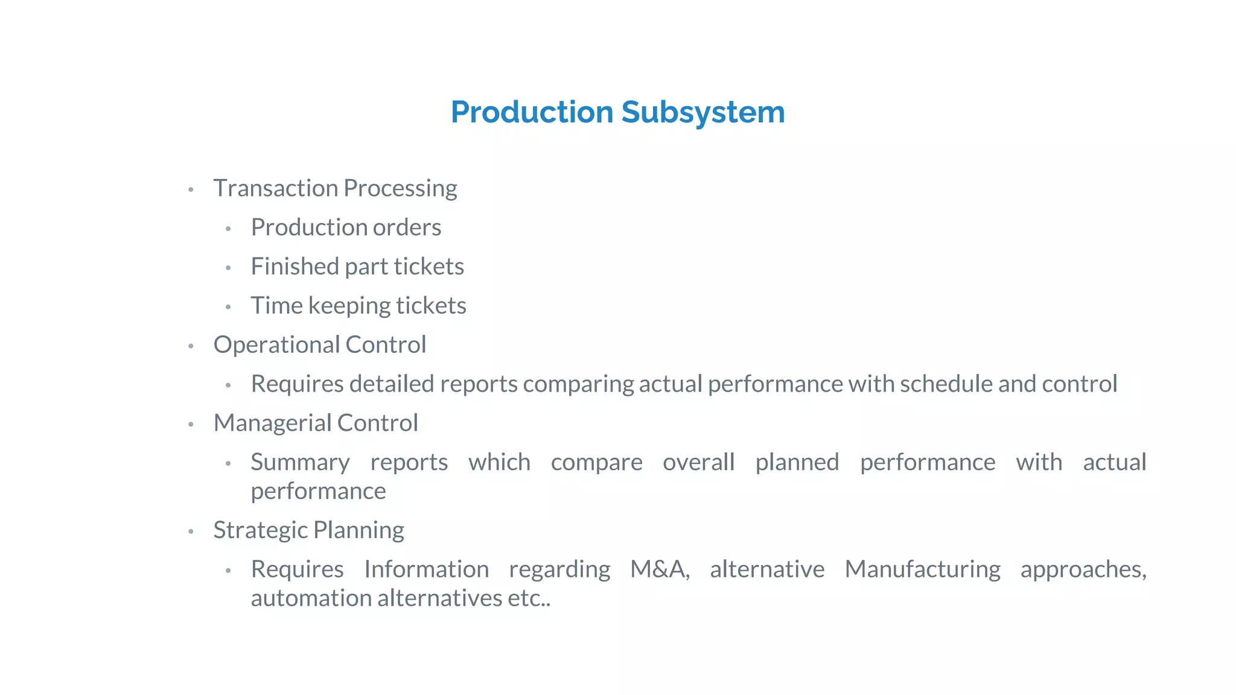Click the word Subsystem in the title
pos(702,113)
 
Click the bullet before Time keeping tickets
pos(228,307)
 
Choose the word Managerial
pos(272,423)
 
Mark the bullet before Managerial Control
pos(191,425)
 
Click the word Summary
pos(300,463)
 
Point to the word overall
pos(698,462)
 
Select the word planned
pos(797,463)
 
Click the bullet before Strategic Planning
pos(191,532)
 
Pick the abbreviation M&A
pos(660,570)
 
